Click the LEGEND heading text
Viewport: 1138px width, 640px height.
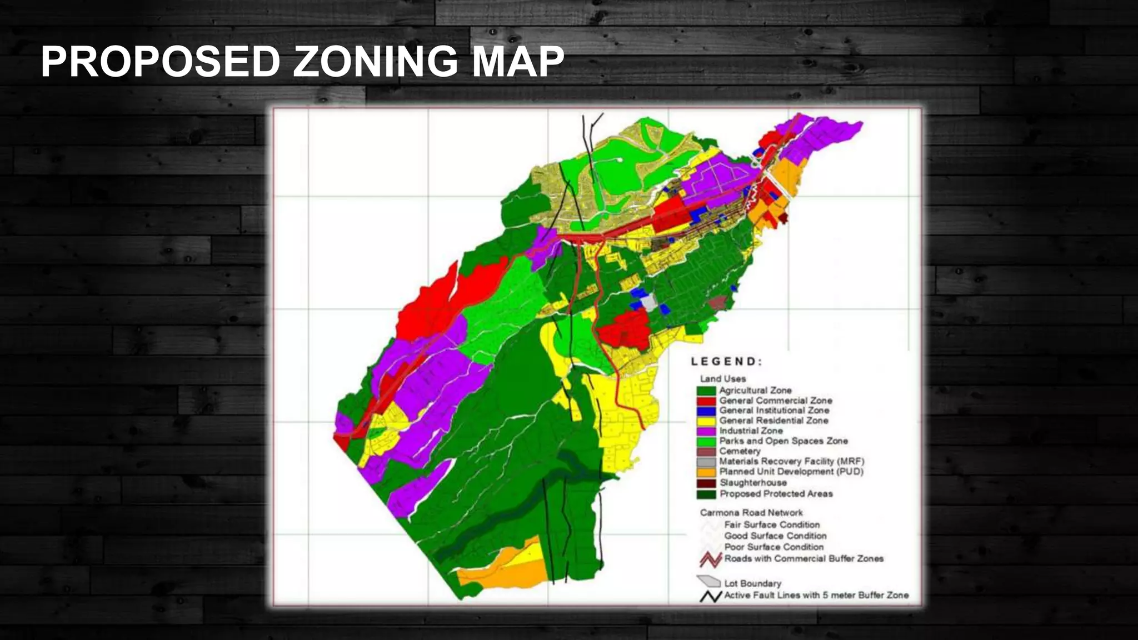[x=726, y=362]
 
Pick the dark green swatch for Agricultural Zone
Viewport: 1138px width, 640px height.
[x=706, y=391]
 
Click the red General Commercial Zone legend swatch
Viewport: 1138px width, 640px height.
[x=706, y=401]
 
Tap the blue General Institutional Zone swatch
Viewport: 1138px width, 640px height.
[x=706, y=411]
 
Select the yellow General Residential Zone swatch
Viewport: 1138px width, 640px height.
[x=706, y=421]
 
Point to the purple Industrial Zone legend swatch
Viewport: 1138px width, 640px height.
[x=706, y=431]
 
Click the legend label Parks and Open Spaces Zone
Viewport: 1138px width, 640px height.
[x=783, y=441]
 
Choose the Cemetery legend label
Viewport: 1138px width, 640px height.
[x=740, y=451]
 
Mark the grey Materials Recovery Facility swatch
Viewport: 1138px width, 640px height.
[x=706, y=462]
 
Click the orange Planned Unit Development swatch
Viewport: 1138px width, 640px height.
[x=706, y=472]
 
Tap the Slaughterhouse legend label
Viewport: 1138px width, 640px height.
[x=753, y=483]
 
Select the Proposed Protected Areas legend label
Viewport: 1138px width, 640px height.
[x=776, y=494]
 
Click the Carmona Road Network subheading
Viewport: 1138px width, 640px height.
[x=751, y=513]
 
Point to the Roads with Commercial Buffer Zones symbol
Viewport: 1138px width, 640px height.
[x=710, y=559]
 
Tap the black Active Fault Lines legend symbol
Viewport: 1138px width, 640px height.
[x=710, y=597]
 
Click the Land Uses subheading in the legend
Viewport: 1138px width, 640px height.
[x=723, y=379]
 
